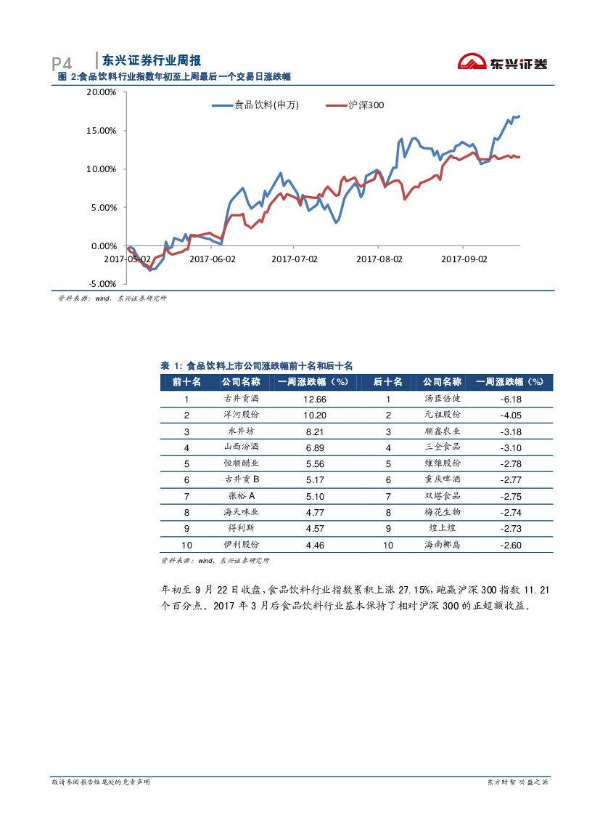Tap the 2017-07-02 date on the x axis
[295, 259]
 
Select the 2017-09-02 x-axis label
[465, 259]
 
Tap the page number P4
[62, 64]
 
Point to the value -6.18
[511, 400]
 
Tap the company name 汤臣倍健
[443, 400]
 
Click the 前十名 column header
[186, 382]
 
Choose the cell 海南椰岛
[443, 545]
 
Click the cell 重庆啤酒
[443, 480]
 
